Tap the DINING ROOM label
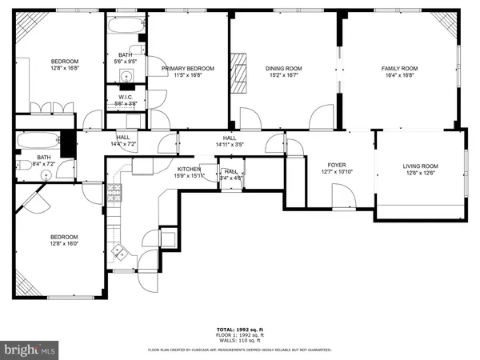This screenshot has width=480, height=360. [x=283, y=69]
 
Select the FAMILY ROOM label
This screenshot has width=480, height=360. [x=399, y=69]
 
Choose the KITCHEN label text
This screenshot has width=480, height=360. [x=188, y=170]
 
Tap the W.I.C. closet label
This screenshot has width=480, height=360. [x=126, y=98]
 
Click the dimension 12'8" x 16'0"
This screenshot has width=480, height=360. [x=65, y=242]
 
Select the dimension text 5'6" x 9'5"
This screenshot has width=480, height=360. [x=126, y=61]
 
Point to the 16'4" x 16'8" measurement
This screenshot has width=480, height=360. [x=399, y=75]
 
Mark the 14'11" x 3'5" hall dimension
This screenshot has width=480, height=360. [x=229, y=144]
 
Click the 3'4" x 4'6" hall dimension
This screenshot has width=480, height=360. [x=230, y=178]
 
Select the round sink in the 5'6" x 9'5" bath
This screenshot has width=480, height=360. [x=126, y=77]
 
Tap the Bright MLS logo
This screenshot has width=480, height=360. [x=30, y=350]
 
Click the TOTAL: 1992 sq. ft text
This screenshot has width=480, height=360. [x=239, y=330]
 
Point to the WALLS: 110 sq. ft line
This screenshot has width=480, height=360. [x=239, y=341]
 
